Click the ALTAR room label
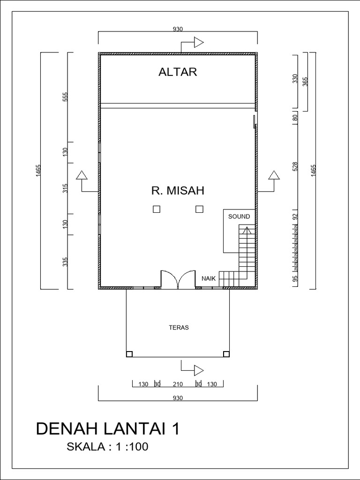[x=178, y=72]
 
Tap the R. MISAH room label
[x=178, y=191]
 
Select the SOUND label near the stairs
[x=239, y=217]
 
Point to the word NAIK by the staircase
[x=209, y=278]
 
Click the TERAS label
[x=179, y=328]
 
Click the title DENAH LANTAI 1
[x=108, y=429]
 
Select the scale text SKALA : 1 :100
[x=108, y=447]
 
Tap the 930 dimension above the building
[x=178, y=29]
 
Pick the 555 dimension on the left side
[x=66, y=97]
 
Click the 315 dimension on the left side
[x=66, y=188]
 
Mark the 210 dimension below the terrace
[x=178, y=384]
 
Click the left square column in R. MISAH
[x=157, y=210]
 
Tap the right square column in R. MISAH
[x=199, y=210]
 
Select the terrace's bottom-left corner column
[x=129, y=354]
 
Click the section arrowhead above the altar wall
[x=199, y=43]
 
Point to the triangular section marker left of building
[x=82, y=175]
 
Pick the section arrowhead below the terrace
[x=199, y=370]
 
